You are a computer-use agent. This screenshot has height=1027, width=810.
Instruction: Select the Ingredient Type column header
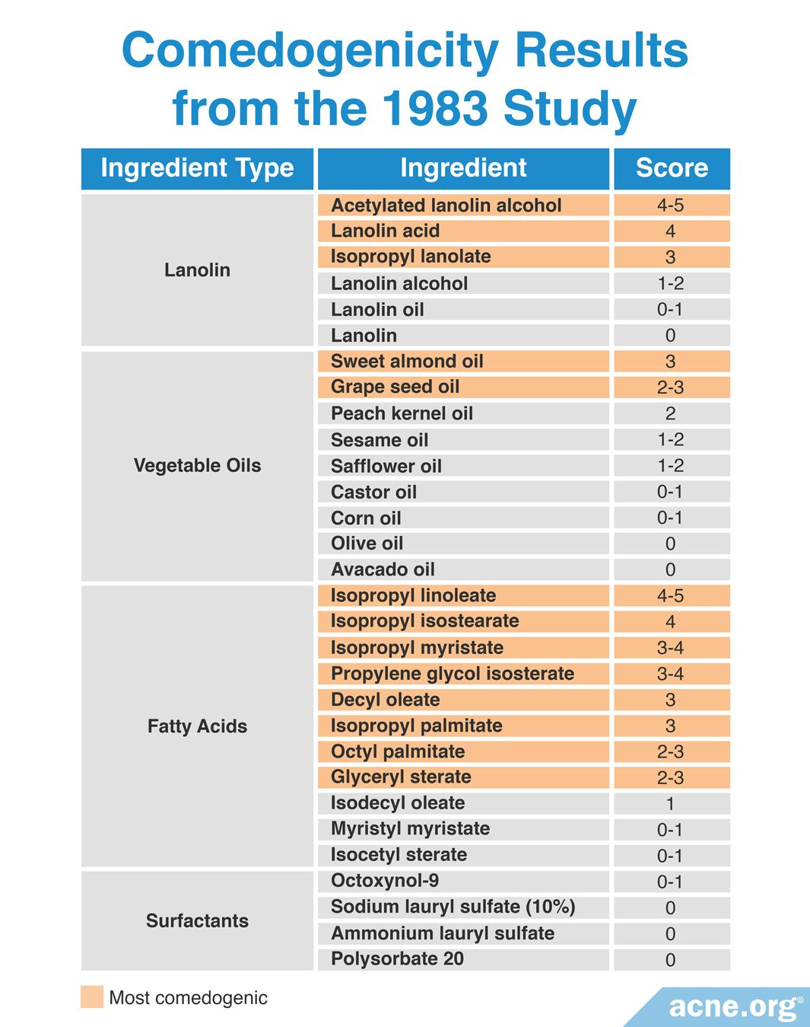(197, 168)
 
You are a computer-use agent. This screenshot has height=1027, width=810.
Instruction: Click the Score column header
(672, 168)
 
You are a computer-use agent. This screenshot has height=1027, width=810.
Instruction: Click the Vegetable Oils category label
(197, 466)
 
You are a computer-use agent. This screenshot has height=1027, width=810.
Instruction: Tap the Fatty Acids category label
(197, 726)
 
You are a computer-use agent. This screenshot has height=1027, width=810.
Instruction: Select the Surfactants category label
(197, 921)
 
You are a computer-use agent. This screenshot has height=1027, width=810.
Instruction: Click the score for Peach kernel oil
(670, 413)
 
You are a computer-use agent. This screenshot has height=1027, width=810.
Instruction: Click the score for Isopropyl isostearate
(670, 622)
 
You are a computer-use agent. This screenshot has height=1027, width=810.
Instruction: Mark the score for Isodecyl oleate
(670, 804)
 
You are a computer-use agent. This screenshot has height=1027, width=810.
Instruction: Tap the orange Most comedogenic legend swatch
(92, 997)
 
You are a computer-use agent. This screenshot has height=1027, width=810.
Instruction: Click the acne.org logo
(733, 1007)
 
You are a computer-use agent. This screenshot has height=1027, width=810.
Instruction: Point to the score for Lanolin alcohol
(670, 283)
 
